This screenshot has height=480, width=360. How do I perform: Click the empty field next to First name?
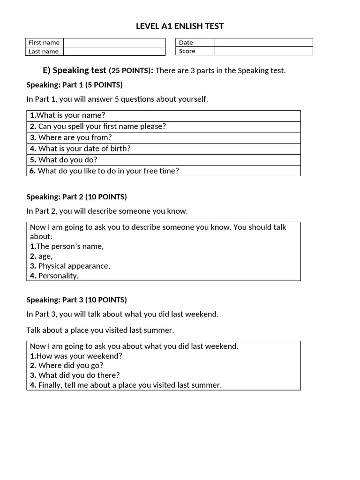tap(114, 43)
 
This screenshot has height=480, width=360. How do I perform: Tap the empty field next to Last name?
tap(114, 51)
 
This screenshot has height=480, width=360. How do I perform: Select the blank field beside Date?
tap(263, 43)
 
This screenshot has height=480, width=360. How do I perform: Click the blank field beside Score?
tap(263, 51)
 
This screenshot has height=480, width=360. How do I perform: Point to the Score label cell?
tap(195, 51)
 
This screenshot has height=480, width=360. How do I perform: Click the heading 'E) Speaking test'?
tap(75, 70)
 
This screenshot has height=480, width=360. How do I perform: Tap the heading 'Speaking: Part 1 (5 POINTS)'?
tap(75, 85)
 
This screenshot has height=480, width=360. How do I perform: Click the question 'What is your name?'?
tap(67, 115)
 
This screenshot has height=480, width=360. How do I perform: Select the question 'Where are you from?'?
tap(71, 137)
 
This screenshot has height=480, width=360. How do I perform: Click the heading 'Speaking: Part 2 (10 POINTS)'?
tap(76, 197)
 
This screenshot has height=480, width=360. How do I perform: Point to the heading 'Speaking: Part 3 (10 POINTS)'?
tap(76, 300)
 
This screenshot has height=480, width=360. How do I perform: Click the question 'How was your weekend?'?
tap(76, 356)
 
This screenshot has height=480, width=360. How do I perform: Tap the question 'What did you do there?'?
tap(75, 375)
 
